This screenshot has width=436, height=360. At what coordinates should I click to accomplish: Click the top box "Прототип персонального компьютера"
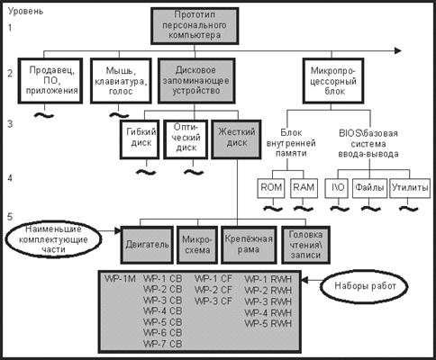(195, 26)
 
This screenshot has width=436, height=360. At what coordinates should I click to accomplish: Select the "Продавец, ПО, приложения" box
(50, 81)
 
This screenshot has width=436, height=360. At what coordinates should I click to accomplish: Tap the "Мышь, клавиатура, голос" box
(121, 81)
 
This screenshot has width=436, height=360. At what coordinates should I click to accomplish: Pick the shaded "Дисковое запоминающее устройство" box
(196, 81)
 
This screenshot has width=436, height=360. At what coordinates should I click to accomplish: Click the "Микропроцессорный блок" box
(333, 81)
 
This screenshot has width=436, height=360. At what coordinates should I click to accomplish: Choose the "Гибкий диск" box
(140, 139)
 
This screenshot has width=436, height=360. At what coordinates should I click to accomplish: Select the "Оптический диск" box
(186, 139)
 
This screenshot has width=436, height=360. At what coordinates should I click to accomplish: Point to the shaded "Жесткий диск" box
(236, 139)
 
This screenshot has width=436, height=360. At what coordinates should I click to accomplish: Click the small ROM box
(271, 188)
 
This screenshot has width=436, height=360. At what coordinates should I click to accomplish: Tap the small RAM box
(304, 188)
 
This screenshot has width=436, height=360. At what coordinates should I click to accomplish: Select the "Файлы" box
(369, 188)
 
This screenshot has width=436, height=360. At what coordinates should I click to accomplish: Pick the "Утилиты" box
(410, 188)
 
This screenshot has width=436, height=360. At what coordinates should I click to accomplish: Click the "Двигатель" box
(147, 245)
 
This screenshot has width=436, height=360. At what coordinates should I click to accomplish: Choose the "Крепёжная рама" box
(249, 245)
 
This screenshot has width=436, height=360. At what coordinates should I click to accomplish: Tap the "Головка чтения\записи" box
(305, 245)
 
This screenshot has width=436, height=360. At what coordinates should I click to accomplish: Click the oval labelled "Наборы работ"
(364, 286)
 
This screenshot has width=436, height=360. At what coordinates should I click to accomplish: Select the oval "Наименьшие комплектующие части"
(53, 239)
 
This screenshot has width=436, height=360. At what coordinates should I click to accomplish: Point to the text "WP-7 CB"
(163, 344)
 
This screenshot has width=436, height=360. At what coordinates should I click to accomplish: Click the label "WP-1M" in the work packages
(120, 279)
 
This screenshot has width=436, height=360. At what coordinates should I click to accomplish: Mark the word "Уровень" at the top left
(25, 12)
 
